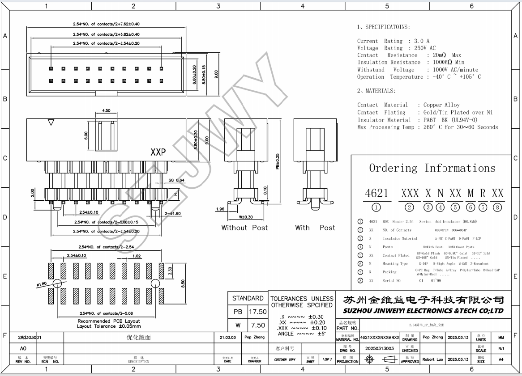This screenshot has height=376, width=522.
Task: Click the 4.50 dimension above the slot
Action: click(x=106, y=110)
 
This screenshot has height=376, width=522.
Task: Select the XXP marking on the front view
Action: click(x=158, y=152)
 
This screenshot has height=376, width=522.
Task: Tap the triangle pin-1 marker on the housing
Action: click(x=51, y=122)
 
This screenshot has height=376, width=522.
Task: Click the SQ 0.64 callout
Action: click(x=176, y=180)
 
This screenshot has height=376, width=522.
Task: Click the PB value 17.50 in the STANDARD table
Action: click(x=257, y=312)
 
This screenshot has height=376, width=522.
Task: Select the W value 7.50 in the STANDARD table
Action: click(x=257, y=325)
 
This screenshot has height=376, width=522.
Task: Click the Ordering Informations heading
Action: click(x=432, y=168)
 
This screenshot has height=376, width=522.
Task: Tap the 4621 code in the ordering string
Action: click(x=377, y=193)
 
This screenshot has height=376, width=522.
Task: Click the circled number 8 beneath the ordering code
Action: click(x=497, y=207)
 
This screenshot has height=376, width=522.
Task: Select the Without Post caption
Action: click(x=244, y=228)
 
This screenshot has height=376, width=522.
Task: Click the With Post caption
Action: click(x=315, y=228)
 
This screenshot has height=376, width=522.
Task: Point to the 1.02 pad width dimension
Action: click(x=137, y=256)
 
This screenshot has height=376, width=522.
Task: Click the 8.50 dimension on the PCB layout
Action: click(x=183, y=284)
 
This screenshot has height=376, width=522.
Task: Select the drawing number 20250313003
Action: click(x=380, y=348)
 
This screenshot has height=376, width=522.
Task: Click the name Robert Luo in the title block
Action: click(x=432, y=359)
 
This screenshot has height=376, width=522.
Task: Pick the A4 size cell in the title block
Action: click(x=501, y=359)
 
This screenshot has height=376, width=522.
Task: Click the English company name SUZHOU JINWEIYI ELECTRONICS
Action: click(x=423, y=311)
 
